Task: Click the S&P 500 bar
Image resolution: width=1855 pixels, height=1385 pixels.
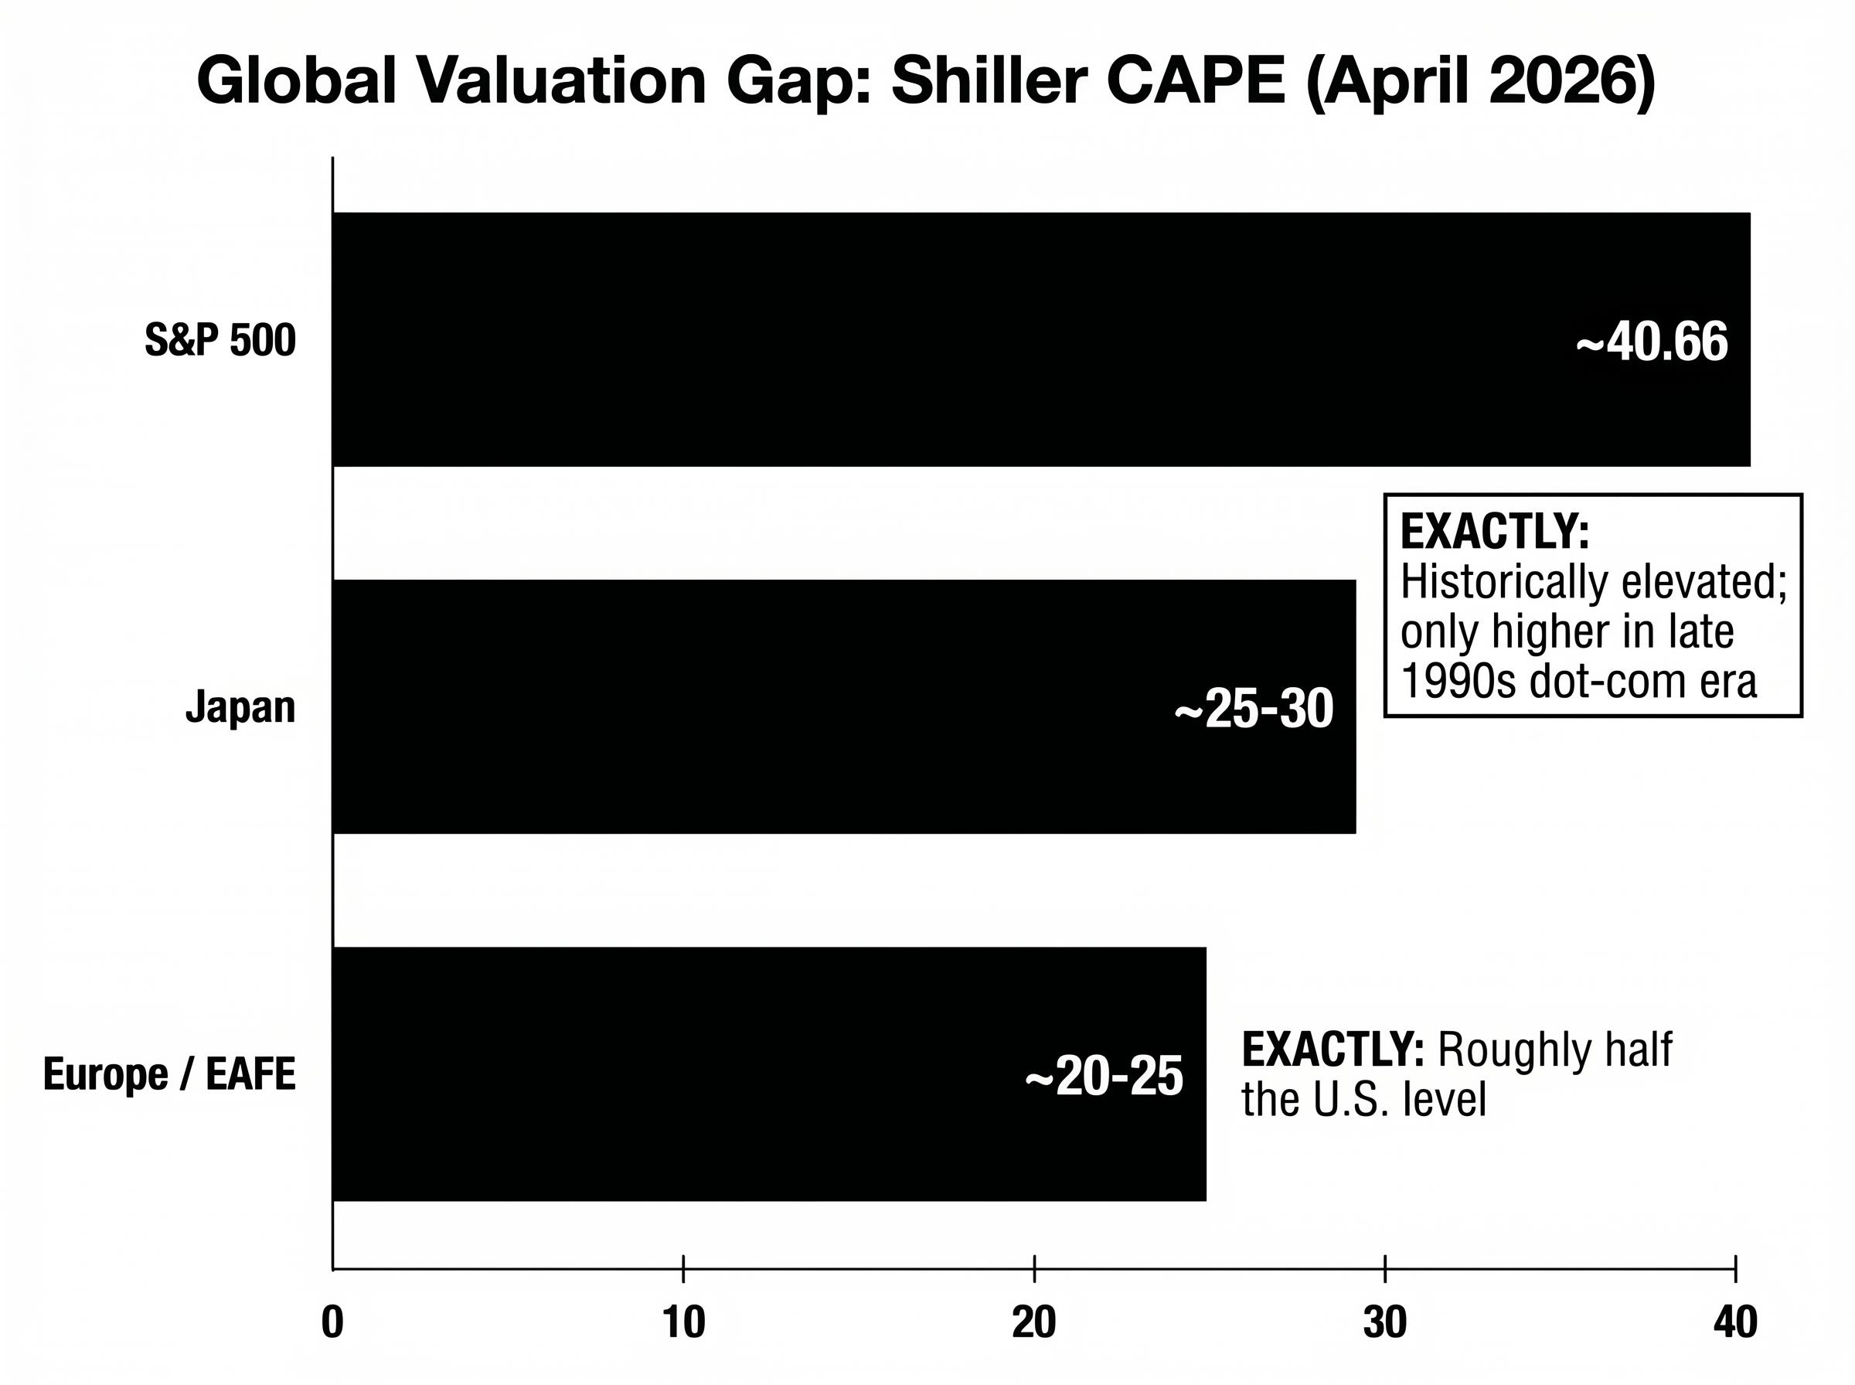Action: (922, 339)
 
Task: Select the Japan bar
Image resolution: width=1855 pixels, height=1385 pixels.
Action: (754, 706)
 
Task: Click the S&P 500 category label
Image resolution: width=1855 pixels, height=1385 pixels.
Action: (220, 340)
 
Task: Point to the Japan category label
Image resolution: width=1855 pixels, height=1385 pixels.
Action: (240, 706)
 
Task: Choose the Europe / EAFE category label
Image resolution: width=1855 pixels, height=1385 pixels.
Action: (169, 1075)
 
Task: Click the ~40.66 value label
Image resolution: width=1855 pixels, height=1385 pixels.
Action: (1651, 343)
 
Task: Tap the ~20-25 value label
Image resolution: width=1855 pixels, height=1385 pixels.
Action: (1104, 1077)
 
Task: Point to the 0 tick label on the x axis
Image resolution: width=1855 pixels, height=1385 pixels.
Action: (333, 1323)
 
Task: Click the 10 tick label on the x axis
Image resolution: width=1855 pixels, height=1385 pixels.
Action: (683, 1323)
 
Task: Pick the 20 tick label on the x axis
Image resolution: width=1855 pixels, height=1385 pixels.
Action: (1033, 1323)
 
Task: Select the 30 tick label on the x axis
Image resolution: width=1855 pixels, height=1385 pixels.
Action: (1385, 1323)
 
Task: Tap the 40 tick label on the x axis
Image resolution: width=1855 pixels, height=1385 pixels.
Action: (1735, 1323)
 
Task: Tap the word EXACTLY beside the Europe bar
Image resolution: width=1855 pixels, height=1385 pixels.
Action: (1332, 1050)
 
